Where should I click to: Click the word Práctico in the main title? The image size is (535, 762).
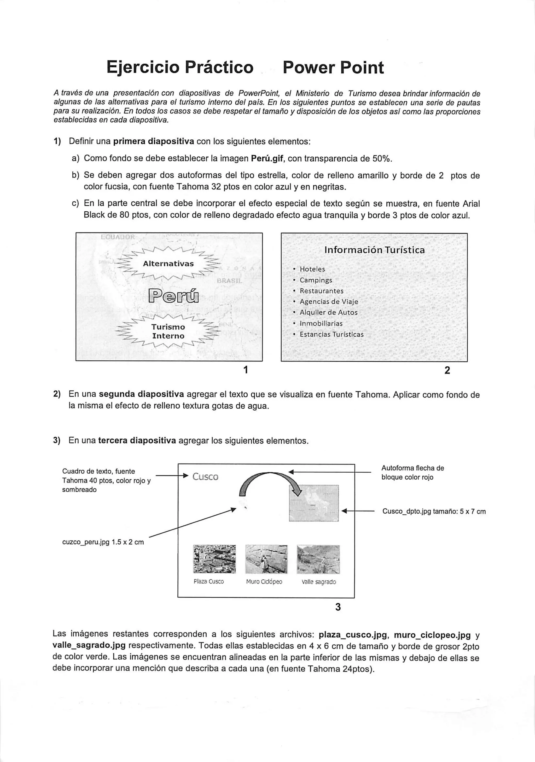(x=219, y=67)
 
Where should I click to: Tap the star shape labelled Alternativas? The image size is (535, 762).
(x=168, y=264)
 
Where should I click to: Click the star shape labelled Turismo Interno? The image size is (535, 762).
(x=168, y=331)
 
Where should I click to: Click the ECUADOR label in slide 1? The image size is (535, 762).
(x=118, y=237)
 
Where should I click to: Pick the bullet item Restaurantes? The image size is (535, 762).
(x=321, y=291)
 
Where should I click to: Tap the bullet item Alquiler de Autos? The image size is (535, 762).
(x=328, y=312)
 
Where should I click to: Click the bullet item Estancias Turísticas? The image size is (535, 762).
(x=331, y=334)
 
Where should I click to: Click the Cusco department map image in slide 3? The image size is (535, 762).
(x=313, y=503)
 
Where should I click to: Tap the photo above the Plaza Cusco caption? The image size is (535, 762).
(x=214, y=559)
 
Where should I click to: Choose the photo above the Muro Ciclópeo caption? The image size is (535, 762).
(x=266, y=559)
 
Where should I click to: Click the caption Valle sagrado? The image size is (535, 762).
(x=318, y=582)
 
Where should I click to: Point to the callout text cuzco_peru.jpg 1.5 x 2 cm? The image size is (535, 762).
(x=103, y=542)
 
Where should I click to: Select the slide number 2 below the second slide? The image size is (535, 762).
(x=447, y=370)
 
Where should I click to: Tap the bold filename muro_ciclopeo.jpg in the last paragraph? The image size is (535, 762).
(x=432, y=635)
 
